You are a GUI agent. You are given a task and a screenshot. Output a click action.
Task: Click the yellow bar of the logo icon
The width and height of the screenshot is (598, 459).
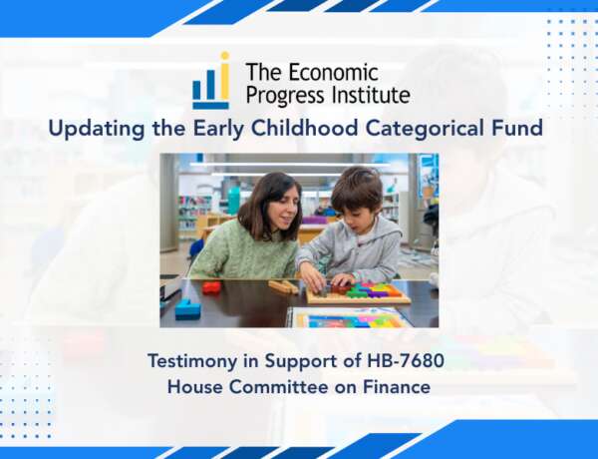(224, 78)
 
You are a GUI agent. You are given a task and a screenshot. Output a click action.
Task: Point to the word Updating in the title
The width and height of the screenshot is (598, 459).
(97, 129)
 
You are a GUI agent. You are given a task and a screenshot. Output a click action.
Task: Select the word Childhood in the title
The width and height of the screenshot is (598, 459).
(304, 128)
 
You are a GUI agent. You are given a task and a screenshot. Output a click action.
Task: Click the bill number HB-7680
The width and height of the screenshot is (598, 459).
(405, 361)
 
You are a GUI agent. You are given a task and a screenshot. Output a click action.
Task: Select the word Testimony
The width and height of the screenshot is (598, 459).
(191, 362)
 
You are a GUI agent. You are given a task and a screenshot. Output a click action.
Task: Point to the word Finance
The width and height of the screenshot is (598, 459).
(397, 387)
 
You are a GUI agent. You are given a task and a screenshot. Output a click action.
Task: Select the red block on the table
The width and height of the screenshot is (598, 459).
(211, 287)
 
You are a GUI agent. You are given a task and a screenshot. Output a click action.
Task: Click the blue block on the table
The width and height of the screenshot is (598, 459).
(187, 309)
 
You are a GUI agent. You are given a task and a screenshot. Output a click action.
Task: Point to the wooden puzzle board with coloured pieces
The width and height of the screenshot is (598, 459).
(358, 293)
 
